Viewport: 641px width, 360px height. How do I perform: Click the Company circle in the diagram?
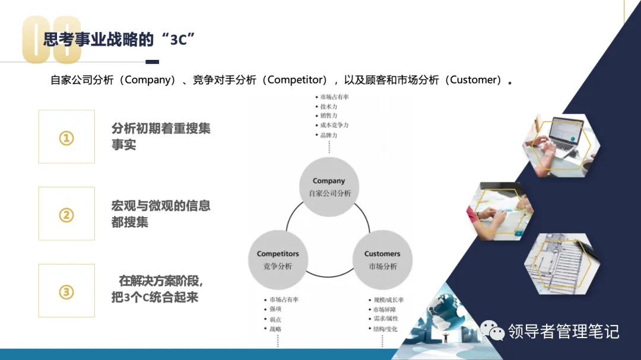tap(328, 187)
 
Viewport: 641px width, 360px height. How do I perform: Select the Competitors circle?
tap(278, 260)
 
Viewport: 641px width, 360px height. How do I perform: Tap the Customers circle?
tap(382, 260)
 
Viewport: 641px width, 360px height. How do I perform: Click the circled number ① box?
tap(66, 137)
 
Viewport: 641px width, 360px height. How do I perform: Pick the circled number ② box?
tap(66, 214)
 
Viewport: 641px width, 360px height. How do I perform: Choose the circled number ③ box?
tap(66, 291)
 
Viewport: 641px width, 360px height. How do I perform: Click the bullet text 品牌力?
tap(329, 135)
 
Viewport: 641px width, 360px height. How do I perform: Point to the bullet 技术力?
tap(329, 107)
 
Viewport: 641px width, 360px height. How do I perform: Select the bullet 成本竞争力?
tap(334, 126)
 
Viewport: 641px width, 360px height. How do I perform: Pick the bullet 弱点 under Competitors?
tap(275, 319)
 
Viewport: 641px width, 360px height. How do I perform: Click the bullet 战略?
tap(275, 329)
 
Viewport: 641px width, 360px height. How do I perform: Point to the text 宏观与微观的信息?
tap(161, 206)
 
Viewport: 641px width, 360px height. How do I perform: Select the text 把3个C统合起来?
tap(155, 298)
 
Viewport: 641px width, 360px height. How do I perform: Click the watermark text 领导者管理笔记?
tap(563, 331)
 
